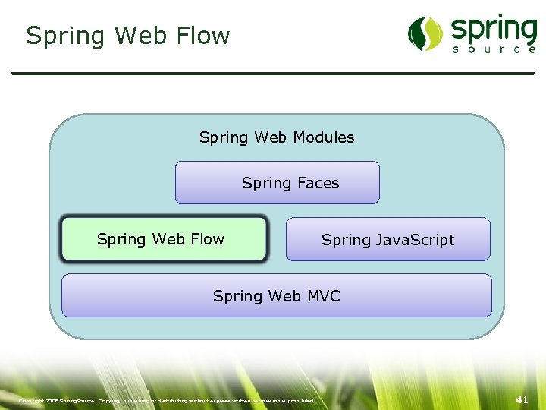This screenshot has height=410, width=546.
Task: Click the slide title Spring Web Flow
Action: click(x=127, y=36)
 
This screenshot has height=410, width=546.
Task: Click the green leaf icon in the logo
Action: click(x=425, y=33)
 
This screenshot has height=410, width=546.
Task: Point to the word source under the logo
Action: click(x=494, y=49)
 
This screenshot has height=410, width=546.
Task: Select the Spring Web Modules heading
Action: click(x=276, y=137)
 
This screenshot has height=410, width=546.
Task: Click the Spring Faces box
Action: click(x=278, y=183)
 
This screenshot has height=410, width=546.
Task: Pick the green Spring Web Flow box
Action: click(x=164, y=239)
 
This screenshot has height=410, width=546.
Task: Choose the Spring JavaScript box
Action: click(x=388, y=240)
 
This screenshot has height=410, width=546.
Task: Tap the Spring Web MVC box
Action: click(x=276, y=296)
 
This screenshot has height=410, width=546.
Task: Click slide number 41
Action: click(x=521, y=399)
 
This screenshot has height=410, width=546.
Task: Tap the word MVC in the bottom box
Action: click(x=324, y=296)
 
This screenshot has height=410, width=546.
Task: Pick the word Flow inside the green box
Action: click(x=207, y=239)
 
